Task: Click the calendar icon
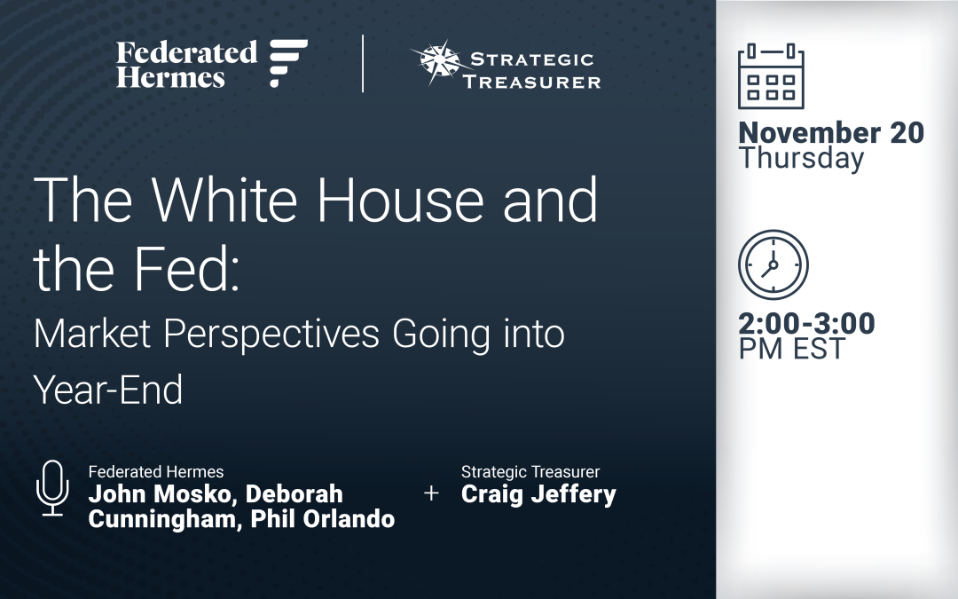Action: click(771, 76)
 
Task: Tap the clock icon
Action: click(773, 264)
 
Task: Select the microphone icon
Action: click(51, 487)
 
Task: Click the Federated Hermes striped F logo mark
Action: click(288, 63)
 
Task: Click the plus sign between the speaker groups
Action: click(432, 493)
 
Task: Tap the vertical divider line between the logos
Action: click(363, 64)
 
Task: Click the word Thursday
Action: click(801, 159)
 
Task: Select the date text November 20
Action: click(831, 133)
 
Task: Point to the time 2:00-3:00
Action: click(806, 324)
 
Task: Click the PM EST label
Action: click(792, 349)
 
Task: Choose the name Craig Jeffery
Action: click(538, 494)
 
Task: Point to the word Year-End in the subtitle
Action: click(108, 388)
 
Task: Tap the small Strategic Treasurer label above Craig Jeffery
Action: click(530, 472)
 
